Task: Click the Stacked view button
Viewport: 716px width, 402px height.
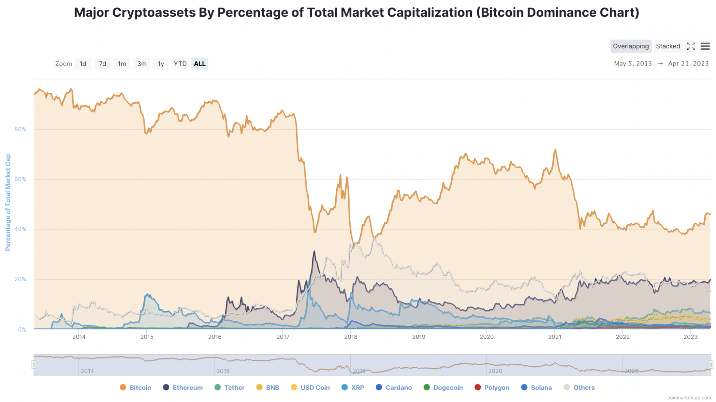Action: click(668, 46)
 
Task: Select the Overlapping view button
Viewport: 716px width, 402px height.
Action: click(630, 46)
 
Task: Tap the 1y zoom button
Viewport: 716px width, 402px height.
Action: click(161, 64)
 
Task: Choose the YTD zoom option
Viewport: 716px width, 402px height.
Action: click(180, 64)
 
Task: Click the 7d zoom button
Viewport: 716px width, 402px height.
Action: click(102, 64)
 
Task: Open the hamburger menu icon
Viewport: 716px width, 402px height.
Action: click(705, 46)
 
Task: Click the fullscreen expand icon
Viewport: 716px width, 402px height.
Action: click(691, 46)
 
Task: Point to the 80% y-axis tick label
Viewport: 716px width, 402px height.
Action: click(20, 130)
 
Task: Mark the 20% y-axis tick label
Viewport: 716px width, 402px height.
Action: click(20, 279)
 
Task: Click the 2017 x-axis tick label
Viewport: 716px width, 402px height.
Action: click(283, 337)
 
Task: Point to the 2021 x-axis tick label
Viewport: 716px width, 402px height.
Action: click(554, 337)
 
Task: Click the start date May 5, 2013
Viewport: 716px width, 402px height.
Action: click(633, 64)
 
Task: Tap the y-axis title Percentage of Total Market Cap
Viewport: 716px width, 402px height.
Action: click(8, 202)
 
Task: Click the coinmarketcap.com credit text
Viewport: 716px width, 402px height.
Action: click(689, 398)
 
